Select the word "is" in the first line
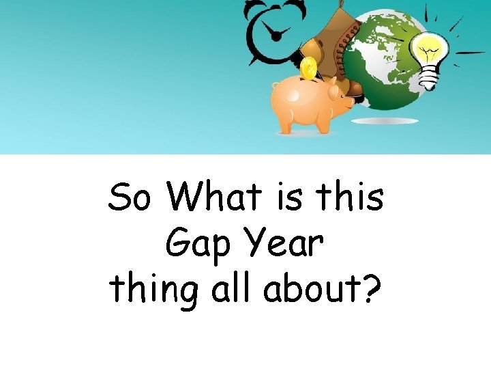pos(290,198)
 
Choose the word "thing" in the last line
pos(152,290)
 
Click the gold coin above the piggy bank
pos(309,68)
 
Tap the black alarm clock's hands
pos(276,31)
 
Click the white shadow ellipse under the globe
pos(385,121)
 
